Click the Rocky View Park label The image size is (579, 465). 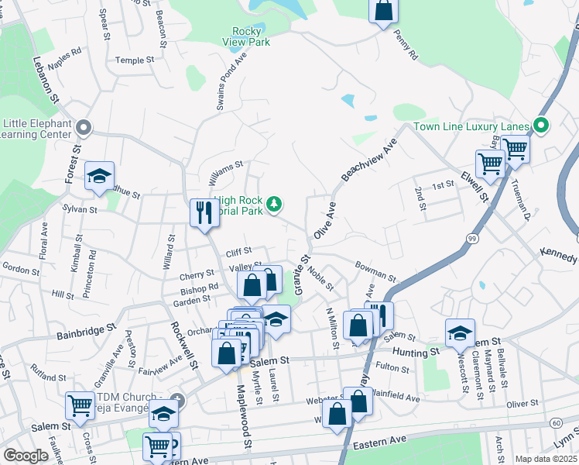tap(246, 36)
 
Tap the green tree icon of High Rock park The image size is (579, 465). tap(273, 204)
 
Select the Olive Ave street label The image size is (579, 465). tap(325, 220)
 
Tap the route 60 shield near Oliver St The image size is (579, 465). tap(557, 422)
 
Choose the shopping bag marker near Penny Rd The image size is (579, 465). tap(383, 12)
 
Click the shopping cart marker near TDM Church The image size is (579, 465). tap(80, 405)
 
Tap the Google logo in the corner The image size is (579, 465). tap(26, 456)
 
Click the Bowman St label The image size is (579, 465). tap(375, 271)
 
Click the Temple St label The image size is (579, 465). tap(131, 60)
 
